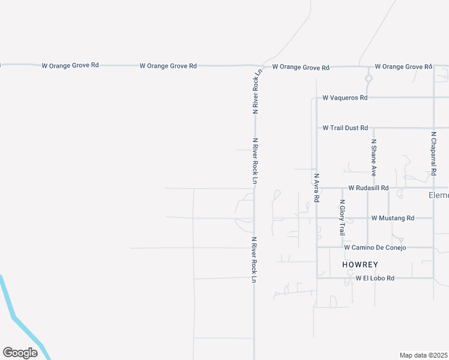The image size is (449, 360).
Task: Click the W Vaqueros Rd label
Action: [x=345, y=97]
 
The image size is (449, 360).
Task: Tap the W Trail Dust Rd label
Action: [x=345, y=128]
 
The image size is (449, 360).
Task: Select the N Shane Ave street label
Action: [x=373, y=158]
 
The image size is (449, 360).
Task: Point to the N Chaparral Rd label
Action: [x=433, y=154]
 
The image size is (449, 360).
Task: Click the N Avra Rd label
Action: [x=316, y=188]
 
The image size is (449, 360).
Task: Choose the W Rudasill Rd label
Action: [x=368, y=187]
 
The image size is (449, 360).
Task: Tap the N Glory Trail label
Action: [x=342, y=218]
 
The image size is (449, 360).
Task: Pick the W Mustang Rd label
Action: [x=393, y=218]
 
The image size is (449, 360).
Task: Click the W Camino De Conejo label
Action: [x=375, y=247]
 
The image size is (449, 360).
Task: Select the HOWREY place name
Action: [x=360, y=264]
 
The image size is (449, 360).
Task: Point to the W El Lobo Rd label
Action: [x=375, y=278]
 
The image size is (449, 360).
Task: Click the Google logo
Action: [x=20, y=353]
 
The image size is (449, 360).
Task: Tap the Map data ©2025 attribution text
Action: [x=424, y=355]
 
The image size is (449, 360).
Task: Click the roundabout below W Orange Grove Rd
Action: [x=369, y=78]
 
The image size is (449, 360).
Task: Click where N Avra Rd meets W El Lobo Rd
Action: [x=317, y=278]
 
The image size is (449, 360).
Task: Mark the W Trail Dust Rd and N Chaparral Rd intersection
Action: [x=433, y=128]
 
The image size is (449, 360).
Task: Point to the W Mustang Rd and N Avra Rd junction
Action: [x=317, y=218]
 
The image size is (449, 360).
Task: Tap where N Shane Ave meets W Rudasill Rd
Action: [x=369, y=187]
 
